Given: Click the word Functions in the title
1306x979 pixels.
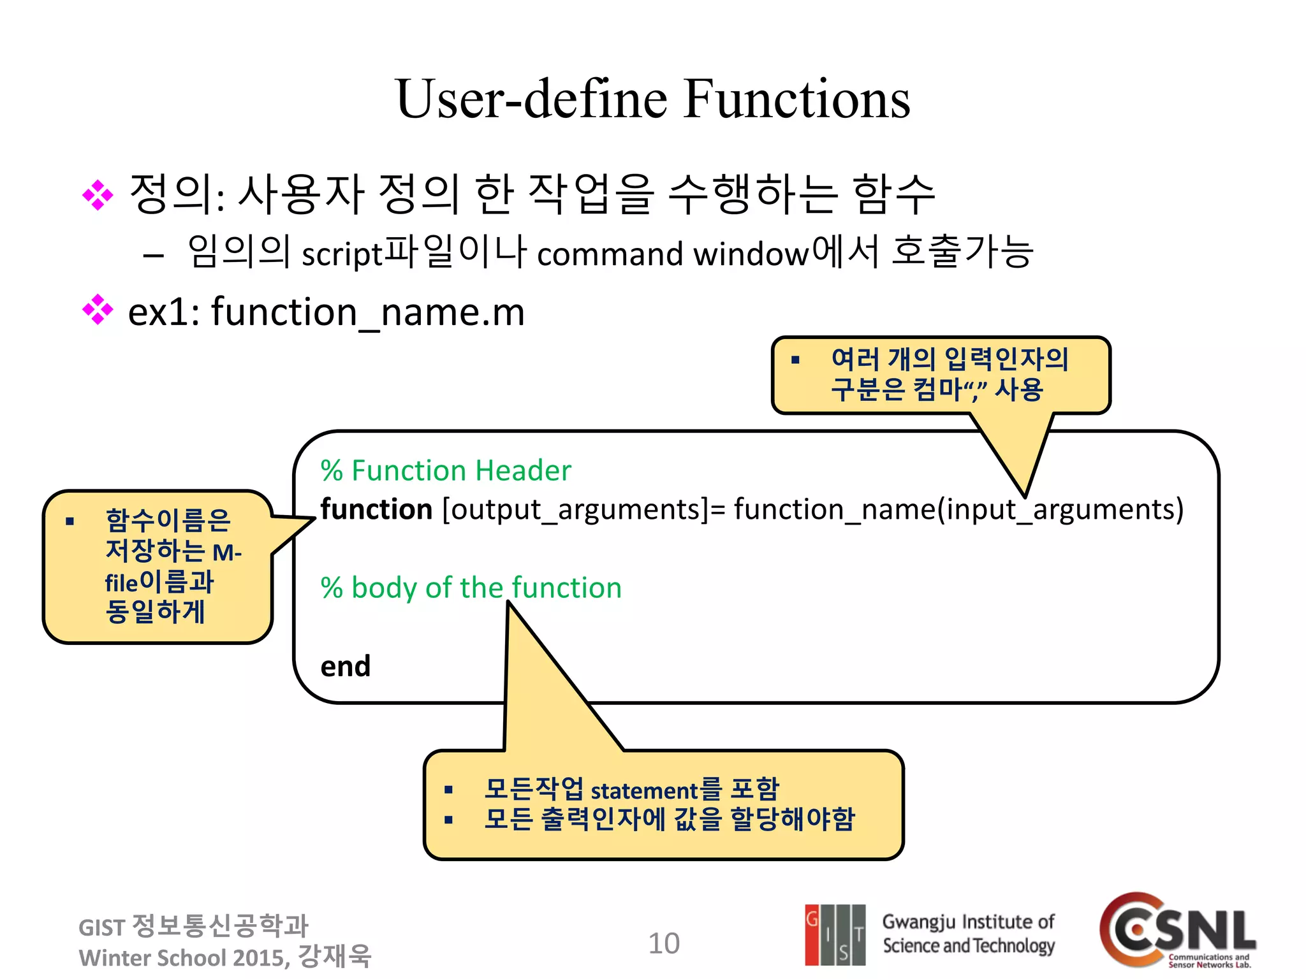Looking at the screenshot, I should (796, 99).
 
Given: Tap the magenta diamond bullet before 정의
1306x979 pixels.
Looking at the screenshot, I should (98, 194).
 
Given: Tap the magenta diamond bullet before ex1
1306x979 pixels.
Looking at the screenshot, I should (98, 310).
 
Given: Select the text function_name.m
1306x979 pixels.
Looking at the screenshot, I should (368, 312).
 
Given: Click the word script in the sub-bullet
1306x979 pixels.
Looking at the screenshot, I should (341, 254).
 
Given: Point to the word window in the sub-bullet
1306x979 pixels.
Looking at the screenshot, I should (751, 254).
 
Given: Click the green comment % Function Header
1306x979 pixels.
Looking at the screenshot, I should (446, 470).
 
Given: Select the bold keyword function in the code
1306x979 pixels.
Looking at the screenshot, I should (376, 509).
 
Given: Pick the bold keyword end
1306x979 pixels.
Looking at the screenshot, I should (345, 667).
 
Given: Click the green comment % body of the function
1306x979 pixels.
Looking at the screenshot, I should (471, 588).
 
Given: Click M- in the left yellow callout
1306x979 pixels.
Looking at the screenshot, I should (226, 552).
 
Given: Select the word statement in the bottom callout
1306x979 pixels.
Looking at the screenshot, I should (645, 790).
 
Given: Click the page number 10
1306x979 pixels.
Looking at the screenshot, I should (664, 943).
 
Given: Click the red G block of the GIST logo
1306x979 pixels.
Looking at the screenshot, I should (812, 933).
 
